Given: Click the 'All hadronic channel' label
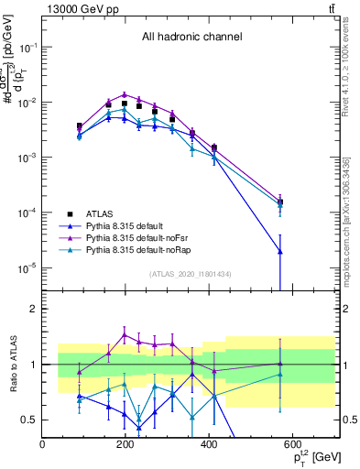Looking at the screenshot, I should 191,38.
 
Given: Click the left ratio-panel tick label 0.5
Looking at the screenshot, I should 29,420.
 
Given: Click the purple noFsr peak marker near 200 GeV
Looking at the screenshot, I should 125,94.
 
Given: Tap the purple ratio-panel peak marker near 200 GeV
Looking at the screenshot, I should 125,334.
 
